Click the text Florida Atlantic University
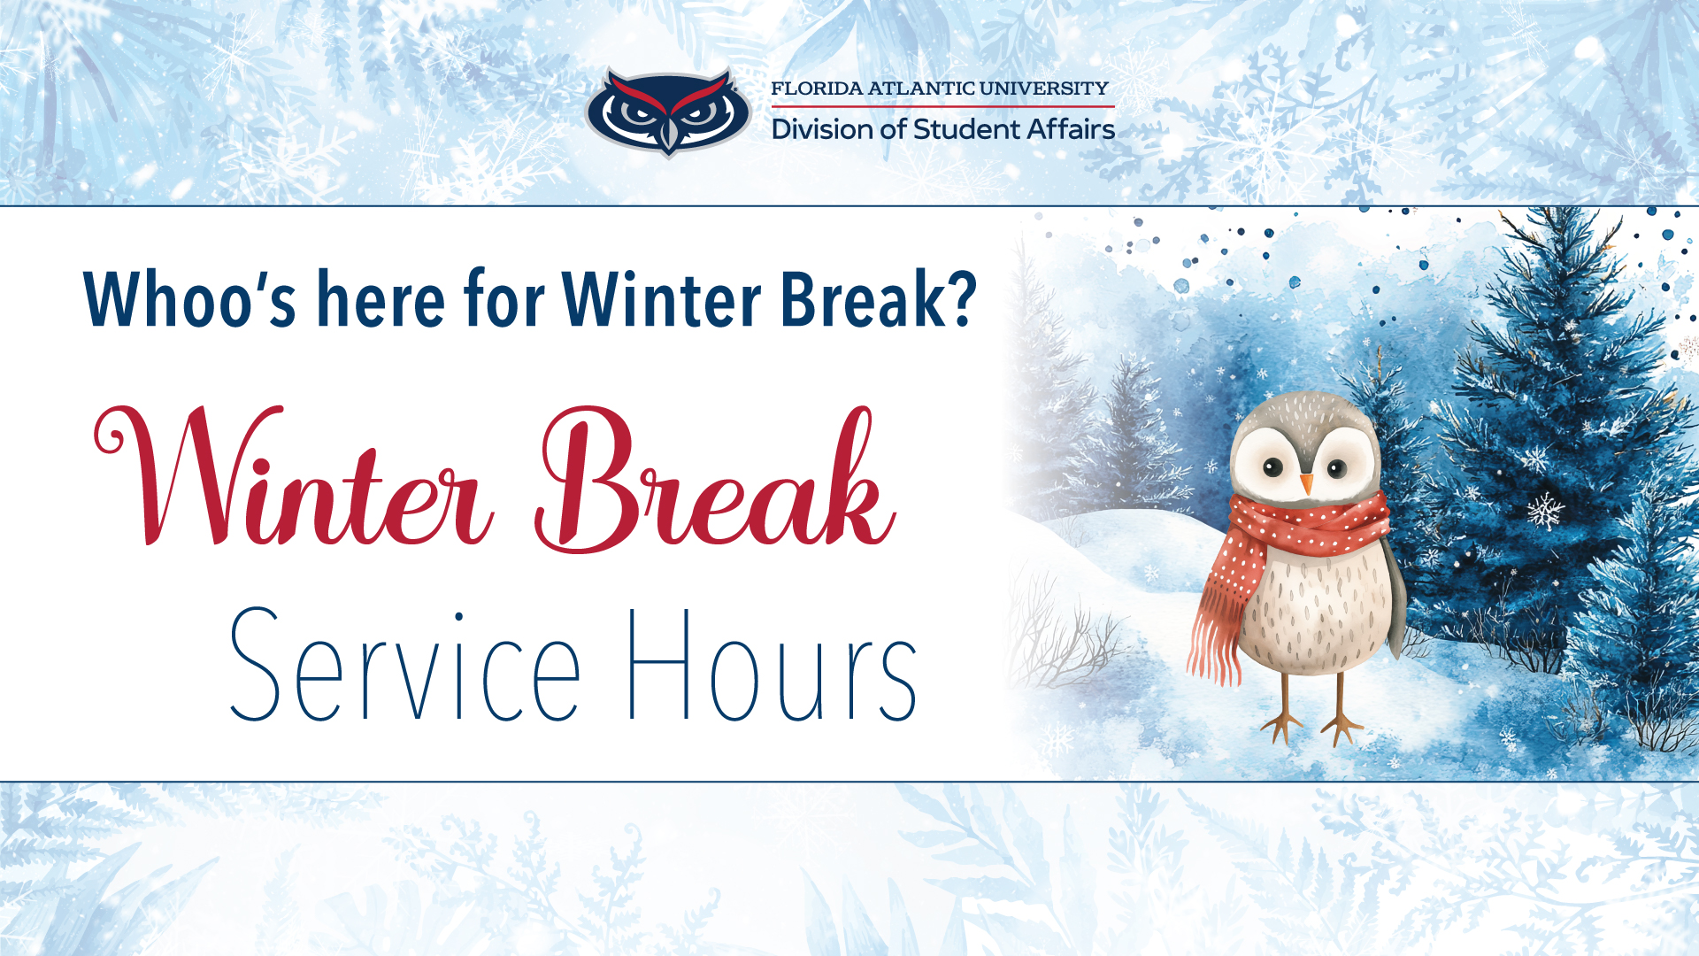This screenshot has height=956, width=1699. pos(939,89)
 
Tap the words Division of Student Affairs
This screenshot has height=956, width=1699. pos(942,130)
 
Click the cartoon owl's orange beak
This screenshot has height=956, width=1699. pos(1306,483)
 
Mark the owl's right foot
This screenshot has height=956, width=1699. pos(1341,726)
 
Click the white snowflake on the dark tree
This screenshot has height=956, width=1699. pos(1545,511)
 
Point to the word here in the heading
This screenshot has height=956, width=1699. pos(381,299)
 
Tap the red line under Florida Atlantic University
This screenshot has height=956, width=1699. pos(942,107)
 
